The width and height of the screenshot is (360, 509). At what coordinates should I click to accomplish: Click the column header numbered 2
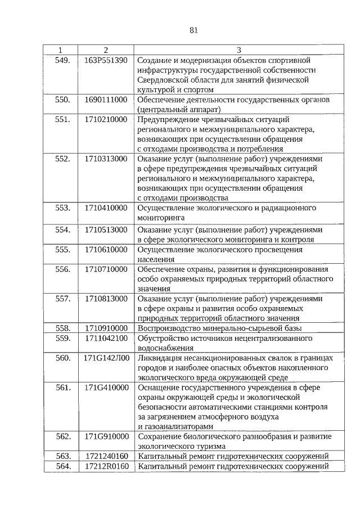click(105, 50)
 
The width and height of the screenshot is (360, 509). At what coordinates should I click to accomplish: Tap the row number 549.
click(62, 60)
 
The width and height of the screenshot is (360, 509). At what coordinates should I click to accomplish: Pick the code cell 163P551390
click(106, 60)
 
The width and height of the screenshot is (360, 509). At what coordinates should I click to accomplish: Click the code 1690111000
click(106, 100)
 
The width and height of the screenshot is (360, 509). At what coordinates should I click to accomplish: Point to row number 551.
click(62, 119)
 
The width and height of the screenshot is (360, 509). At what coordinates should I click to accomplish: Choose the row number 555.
click(62, 249)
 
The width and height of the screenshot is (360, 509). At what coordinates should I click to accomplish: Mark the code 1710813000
click(106, 299)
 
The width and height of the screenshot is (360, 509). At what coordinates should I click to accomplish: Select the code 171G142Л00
click(106, 358)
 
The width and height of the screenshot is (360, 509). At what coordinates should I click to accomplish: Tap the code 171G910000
click(106, 436)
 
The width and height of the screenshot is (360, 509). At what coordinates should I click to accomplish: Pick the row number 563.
click(62, 456)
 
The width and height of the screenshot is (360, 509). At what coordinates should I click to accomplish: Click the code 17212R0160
click(106, 466)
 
